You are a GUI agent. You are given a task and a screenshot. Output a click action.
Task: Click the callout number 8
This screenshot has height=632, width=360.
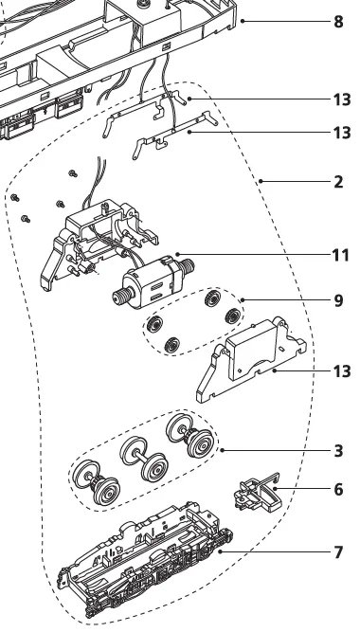point(338,22)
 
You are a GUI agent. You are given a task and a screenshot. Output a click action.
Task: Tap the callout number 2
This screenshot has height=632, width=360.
point(338,182)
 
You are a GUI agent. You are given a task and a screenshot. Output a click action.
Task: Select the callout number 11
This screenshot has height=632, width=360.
point(340,255)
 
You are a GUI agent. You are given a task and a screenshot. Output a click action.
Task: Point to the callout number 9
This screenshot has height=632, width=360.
point(338,300)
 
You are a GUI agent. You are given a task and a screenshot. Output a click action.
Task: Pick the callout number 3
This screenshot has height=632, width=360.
point(338,451)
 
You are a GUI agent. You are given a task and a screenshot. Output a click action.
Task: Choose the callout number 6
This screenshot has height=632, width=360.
point(338,489)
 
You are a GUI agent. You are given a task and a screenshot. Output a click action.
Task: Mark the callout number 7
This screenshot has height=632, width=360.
point(338,552)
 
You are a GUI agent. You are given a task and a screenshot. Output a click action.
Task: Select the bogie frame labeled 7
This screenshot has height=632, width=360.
point(145,560)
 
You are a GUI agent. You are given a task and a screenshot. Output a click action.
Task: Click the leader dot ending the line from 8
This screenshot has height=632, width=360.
point(243,21)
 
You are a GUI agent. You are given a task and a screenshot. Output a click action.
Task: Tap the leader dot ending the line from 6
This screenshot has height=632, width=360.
point(275,489)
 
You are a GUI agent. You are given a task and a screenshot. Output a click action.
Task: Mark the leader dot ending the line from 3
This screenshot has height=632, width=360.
point(222,450)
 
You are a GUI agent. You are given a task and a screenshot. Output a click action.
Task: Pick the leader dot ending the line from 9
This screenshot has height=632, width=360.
point(242,299)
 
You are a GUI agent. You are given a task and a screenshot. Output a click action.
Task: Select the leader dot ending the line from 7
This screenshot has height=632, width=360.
point(220,551)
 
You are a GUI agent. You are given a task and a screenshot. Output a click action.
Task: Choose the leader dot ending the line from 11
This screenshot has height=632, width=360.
point(177,254)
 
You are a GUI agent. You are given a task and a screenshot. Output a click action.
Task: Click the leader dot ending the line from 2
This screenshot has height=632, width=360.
point(261,181)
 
